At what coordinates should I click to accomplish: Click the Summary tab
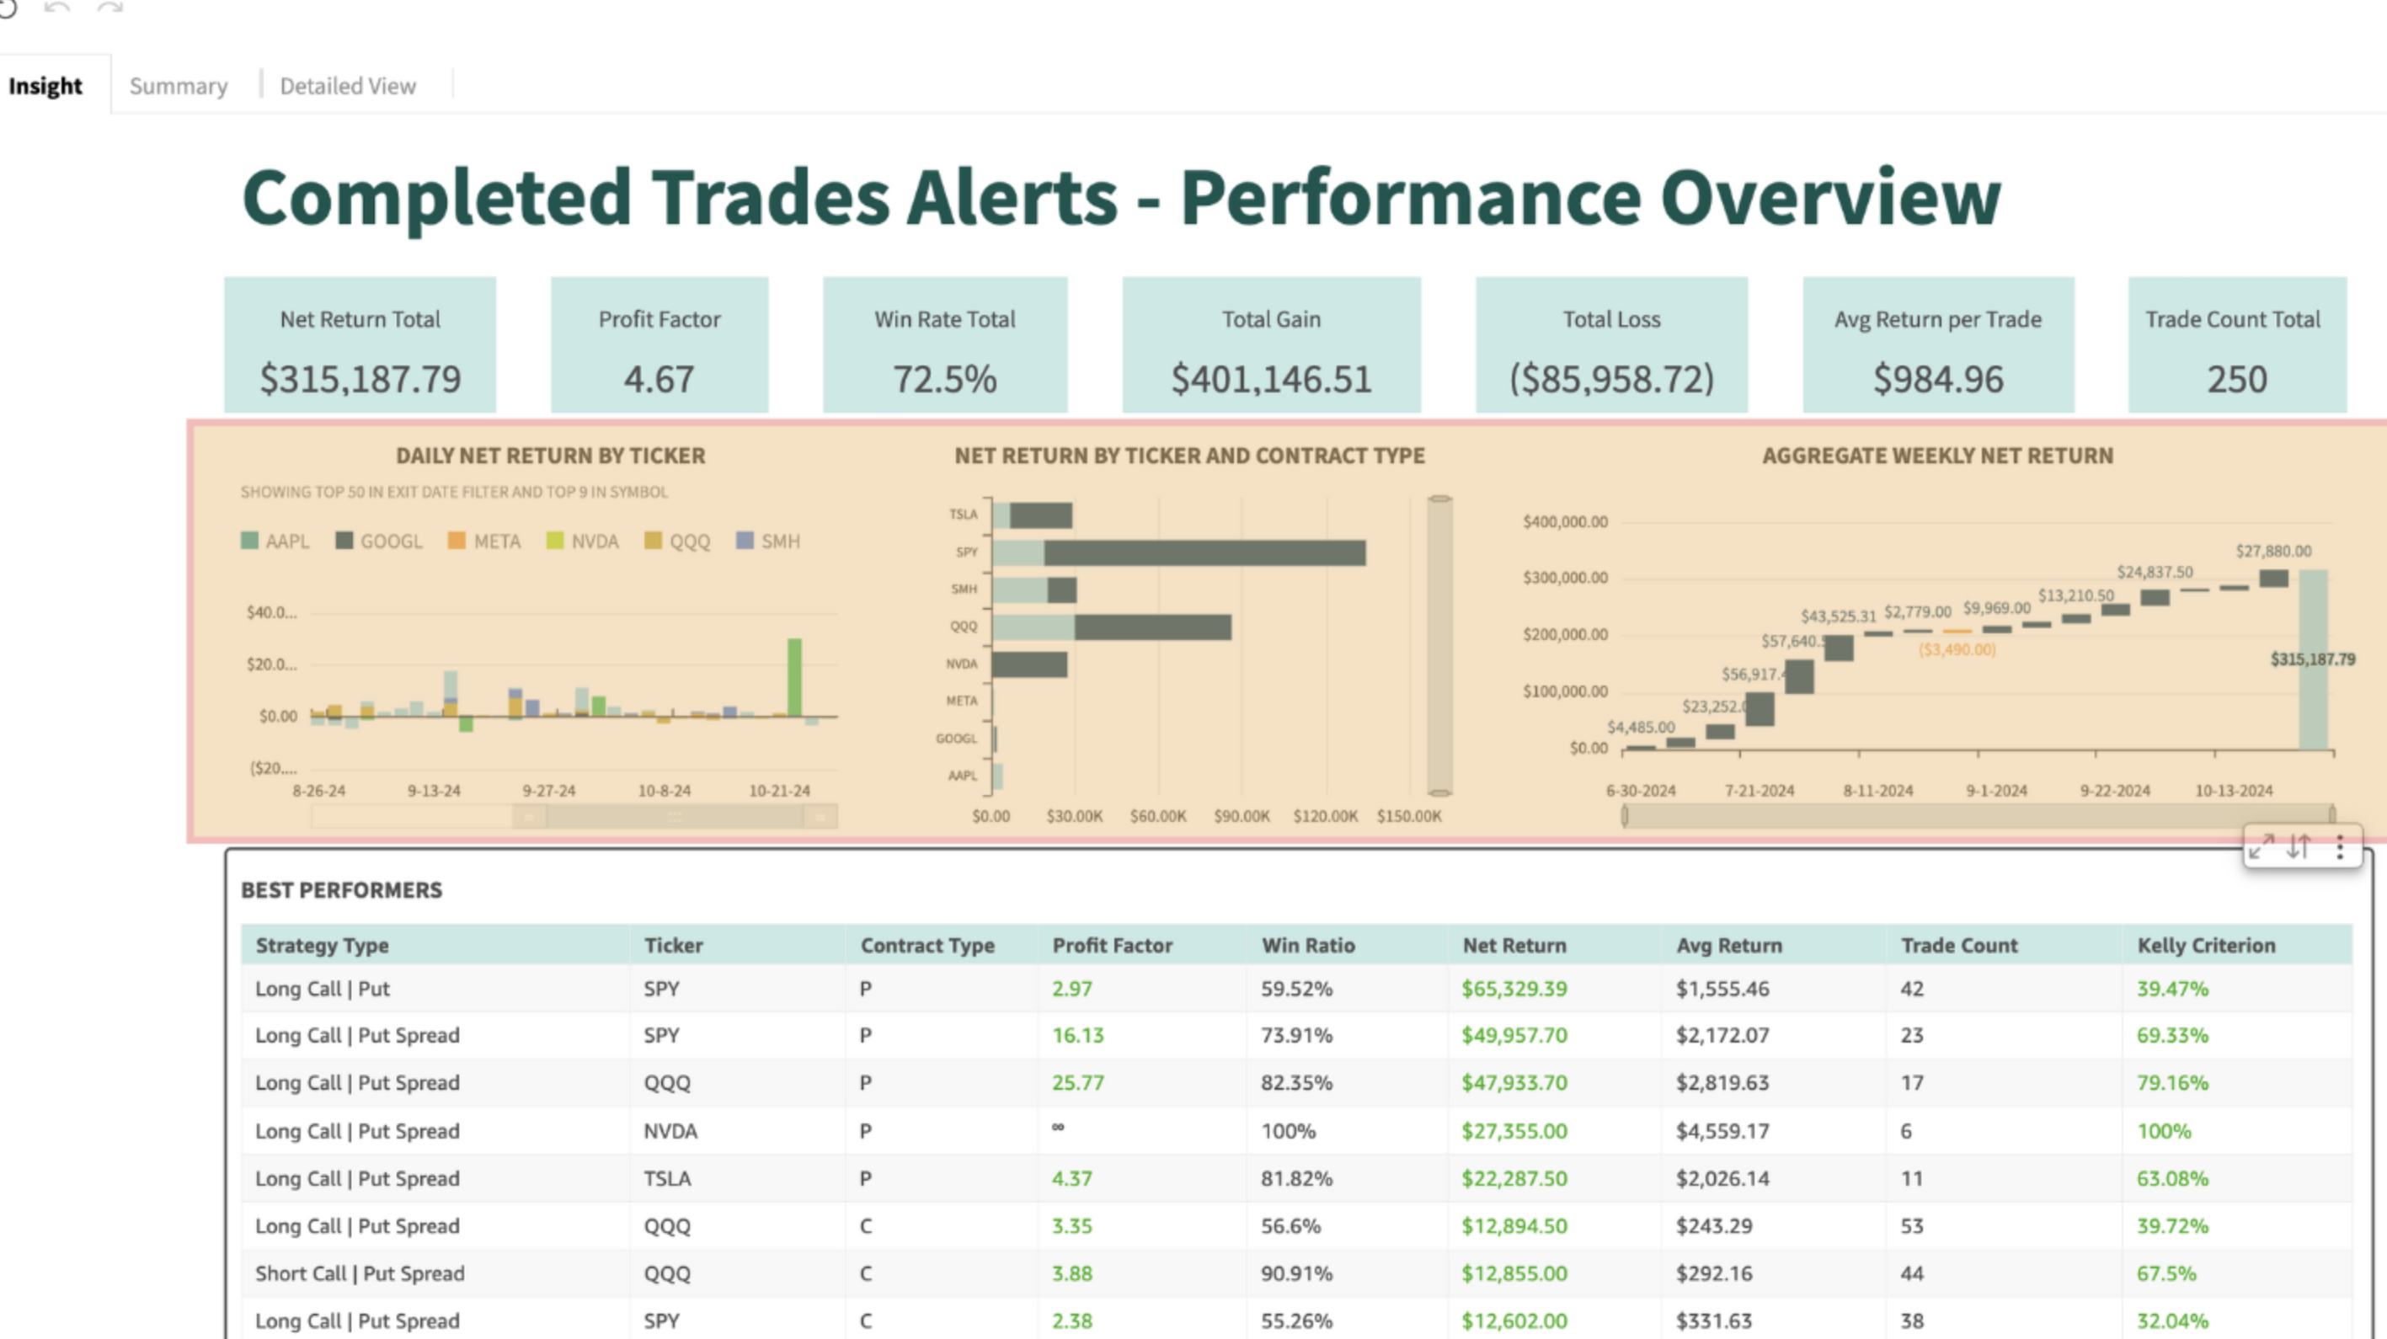click(178, 86)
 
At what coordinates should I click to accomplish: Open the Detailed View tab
click(348, 86)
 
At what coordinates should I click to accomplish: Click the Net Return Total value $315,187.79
click(360, 379)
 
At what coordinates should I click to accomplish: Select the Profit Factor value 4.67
click(659, 379)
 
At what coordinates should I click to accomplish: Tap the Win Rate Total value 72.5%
click(944, 379)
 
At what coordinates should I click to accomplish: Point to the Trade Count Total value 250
click(2236, 379)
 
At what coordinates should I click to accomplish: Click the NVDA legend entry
click(583, 541)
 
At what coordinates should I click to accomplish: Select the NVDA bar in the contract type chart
click(1028, 664)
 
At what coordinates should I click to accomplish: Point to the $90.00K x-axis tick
click(1242, 816)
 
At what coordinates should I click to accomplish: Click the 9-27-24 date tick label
click(548, 792)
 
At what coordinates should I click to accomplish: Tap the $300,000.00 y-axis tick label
click(1565, 579)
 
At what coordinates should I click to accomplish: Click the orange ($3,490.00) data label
click(1957, 649)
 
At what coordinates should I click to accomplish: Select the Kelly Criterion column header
click(2205, 945)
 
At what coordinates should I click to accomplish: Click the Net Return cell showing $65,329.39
click(1514, 989)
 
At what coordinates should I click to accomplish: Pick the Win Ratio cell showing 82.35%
click(1295, 1083)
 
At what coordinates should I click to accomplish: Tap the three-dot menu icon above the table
click(2340, 847)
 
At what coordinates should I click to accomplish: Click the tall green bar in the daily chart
click(794, 676)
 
